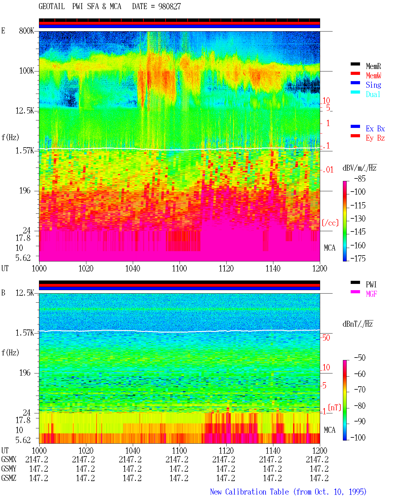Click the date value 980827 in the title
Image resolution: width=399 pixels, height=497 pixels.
(169, 7)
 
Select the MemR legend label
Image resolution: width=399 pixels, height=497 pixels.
(373, 66)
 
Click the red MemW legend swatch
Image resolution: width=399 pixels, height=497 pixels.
(355, 73)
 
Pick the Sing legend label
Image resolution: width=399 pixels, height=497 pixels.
(373, 85)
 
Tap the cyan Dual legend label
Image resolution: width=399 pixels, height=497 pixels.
(373, 94)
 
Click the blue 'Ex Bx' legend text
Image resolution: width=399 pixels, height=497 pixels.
(375, 129)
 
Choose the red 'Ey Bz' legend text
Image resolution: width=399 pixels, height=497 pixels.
(375, 138)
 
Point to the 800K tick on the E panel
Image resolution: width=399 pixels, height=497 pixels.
(26, 31)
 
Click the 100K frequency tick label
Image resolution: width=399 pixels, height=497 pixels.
(26, 71)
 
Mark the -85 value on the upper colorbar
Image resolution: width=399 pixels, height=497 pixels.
(360, 179)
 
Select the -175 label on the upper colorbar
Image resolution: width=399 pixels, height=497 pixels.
(358, 258)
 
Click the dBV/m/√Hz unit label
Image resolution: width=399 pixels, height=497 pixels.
(359, 168)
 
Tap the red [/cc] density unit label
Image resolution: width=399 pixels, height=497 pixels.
(330, 223)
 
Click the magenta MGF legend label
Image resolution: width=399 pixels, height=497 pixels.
(371, 294)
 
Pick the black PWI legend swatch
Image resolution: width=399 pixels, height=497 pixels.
(355, 282)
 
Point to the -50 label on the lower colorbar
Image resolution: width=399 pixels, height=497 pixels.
(360, 358)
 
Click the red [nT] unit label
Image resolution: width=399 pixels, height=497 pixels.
(334, 407)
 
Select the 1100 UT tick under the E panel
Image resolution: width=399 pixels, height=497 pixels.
(179, 269)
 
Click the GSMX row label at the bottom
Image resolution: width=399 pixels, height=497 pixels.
(9, 459)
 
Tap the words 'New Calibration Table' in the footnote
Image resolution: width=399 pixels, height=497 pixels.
(249, 492)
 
